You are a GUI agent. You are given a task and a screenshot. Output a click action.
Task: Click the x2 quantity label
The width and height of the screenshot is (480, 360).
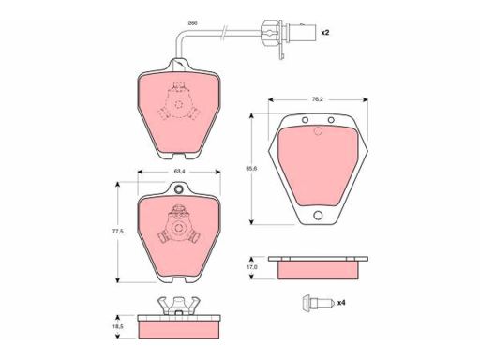click(325, 32)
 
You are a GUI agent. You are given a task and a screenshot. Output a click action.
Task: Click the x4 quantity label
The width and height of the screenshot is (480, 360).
click(341, 303)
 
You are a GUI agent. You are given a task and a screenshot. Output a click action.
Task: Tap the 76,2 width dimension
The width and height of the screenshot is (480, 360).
click(318, 99)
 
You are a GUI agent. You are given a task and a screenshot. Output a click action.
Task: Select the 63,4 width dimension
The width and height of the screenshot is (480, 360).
click(178, 172)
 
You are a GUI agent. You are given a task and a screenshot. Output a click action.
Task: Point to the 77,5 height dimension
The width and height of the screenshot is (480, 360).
click(118, 232)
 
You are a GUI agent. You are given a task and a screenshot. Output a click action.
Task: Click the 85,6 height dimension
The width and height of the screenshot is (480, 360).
click(251, 169)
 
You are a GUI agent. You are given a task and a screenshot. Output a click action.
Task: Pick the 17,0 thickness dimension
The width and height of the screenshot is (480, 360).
click(252, 267)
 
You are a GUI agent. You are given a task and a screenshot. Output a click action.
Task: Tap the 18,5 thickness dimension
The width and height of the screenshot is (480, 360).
click(118, 326)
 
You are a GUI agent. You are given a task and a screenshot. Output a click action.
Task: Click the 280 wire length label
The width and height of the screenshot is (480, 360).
click(192, 23)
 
